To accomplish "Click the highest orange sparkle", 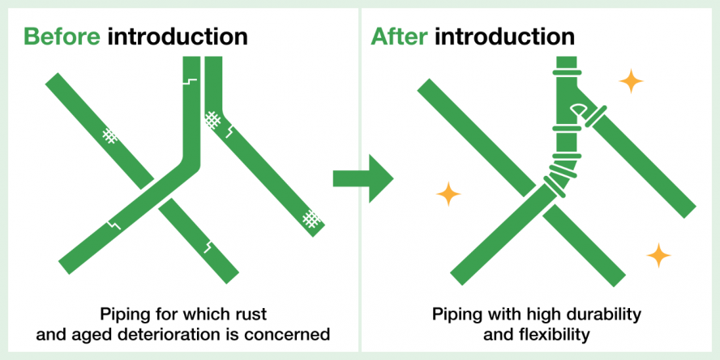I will click(631, 81).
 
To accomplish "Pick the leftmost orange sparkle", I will click(448, 194).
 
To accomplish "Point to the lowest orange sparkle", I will click(658, 256).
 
